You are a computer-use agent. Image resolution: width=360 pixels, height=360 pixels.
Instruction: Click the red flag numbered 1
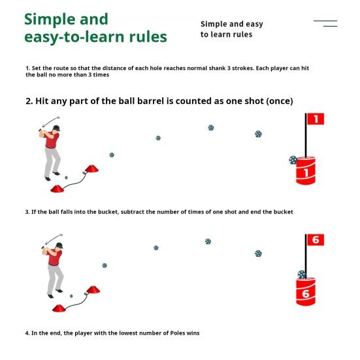pos(316,119)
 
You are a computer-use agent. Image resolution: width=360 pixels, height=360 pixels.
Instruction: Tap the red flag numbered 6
pos(316,240)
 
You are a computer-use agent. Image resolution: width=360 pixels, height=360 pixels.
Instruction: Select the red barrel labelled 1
pos(306,171)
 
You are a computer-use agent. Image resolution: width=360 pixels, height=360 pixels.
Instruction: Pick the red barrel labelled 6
pos(306,291)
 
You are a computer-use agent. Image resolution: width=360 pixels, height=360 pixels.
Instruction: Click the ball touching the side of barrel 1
pos(293,160)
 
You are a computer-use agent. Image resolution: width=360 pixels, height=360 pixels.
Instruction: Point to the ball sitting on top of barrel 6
pos(302,274)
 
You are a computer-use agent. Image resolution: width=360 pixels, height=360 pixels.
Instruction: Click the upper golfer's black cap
pos(57,128)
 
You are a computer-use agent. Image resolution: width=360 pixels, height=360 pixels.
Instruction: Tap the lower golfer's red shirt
pos(55,257)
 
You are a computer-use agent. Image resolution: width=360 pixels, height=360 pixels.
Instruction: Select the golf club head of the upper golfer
pos(58,118)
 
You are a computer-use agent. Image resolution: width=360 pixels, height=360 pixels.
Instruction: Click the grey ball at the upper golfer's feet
pos(67,178)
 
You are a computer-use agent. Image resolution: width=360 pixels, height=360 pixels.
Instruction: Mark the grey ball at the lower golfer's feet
pos(71,296)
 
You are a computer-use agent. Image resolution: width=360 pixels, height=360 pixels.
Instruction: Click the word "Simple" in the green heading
pos(50,20)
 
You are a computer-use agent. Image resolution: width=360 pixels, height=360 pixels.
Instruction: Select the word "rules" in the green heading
pos(148,37)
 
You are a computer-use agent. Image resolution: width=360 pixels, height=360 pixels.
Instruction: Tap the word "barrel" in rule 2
pos(150,101)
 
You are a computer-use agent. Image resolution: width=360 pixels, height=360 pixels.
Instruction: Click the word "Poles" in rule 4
pos(177,333)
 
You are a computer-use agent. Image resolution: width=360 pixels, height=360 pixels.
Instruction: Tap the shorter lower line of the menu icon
pos(330,26)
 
